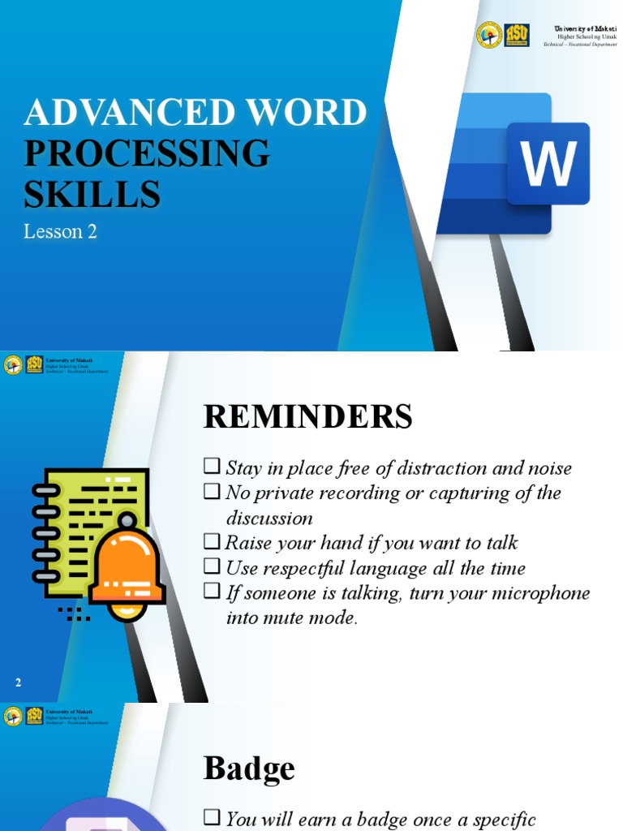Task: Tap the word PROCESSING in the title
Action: coord(146,153)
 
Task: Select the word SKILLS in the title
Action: coord(92,195)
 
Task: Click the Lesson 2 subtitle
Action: coord(60,232)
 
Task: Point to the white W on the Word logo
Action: coord(548,164)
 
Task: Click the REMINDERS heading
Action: coord(307,417)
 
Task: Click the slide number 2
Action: coord(18,683)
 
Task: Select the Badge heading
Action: coord(249,769)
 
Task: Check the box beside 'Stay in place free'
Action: coord(212,467)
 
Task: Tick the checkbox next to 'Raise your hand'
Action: coord(212,541)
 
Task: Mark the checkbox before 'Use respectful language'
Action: coord(212,566)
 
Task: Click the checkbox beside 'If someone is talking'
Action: coord(212,592)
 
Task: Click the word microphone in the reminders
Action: coord(543,593)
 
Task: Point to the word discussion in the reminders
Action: coord(269,519)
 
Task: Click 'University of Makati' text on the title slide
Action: coord(586,28)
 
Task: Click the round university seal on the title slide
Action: coord(488,35)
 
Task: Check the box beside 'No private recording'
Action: coord(212,492)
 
